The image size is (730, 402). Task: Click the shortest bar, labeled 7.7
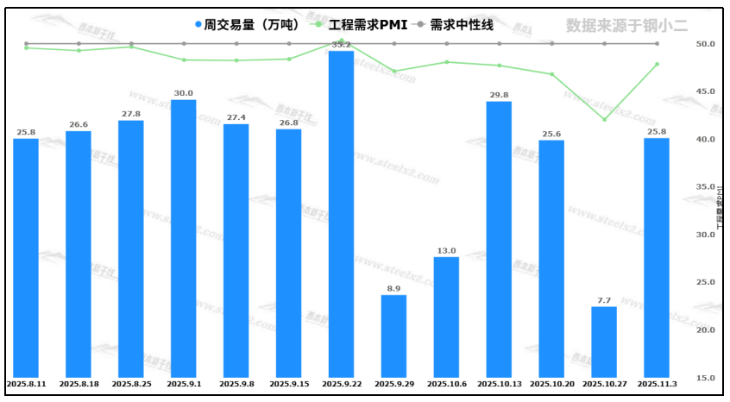pos(604,342)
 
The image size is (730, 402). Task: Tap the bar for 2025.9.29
pos(393,336)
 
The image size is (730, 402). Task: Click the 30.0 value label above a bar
pos(183,93)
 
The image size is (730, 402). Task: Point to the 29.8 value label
pos(499,95)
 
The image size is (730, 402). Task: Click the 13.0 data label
pos(446,250)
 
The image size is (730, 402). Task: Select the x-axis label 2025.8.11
pos(25,384)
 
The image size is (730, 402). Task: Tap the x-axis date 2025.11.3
pos(657,384)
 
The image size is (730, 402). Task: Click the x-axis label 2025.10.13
pos(499,384)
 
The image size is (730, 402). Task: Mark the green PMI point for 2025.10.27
pos(604,119)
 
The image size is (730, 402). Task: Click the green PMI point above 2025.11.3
pos(657,64)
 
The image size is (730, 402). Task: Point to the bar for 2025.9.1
pos(183,238)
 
